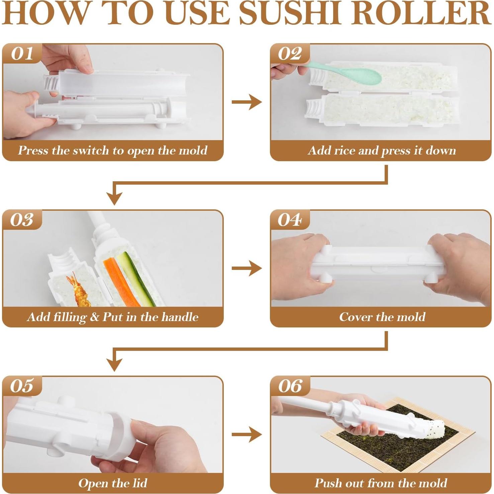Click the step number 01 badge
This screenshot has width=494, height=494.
[22, 54]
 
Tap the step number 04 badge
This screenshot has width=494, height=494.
[290, 220]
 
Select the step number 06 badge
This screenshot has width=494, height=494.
[290, 386]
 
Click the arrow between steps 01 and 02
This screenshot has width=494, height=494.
[246, 102]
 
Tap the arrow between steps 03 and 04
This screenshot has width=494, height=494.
[246, 268]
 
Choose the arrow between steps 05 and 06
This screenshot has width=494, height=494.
[246, 434]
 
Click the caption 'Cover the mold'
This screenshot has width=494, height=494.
[382, 317]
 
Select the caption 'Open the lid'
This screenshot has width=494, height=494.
[113, 483]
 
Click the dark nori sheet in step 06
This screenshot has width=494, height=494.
[385, 445]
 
